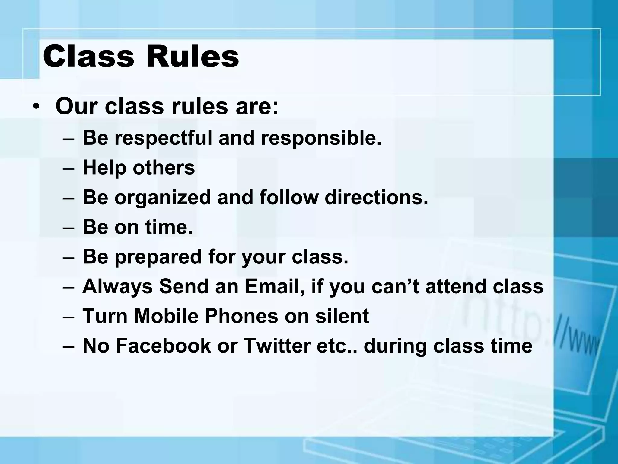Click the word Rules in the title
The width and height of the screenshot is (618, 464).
pyautogui.click(x=193, y=56)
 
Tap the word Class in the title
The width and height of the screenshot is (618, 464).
pyautogui.click(x=88, y=56)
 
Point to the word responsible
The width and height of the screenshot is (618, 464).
pyautogui.click(x=321, y=138)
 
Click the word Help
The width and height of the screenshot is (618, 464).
pyautogui.click(x=104, y=168)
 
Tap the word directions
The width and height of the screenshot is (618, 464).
pyautogui.click(x=376, y=197)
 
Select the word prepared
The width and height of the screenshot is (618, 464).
pyautogui.click(x=158, y=257)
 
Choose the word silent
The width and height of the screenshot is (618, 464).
pyautogui.click(x=342, y=316)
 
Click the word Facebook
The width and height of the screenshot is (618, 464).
pyautogui.click(x=163, y=346)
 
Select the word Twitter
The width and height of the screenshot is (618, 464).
pyautogui.click(x=277, y=346)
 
